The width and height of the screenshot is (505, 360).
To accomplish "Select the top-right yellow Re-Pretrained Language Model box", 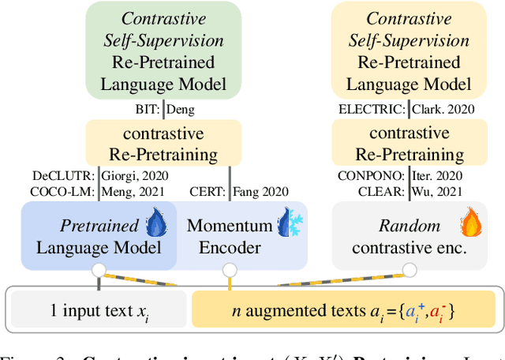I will click(408, 50).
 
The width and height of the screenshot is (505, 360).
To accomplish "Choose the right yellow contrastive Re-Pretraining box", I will click(408, 143).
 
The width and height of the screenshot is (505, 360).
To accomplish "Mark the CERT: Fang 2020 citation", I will click(239, 191).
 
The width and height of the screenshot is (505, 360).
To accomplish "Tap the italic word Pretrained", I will click(99, 226).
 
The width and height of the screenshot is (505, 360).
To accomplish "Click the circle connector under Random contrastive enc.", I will click(408, 270).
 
